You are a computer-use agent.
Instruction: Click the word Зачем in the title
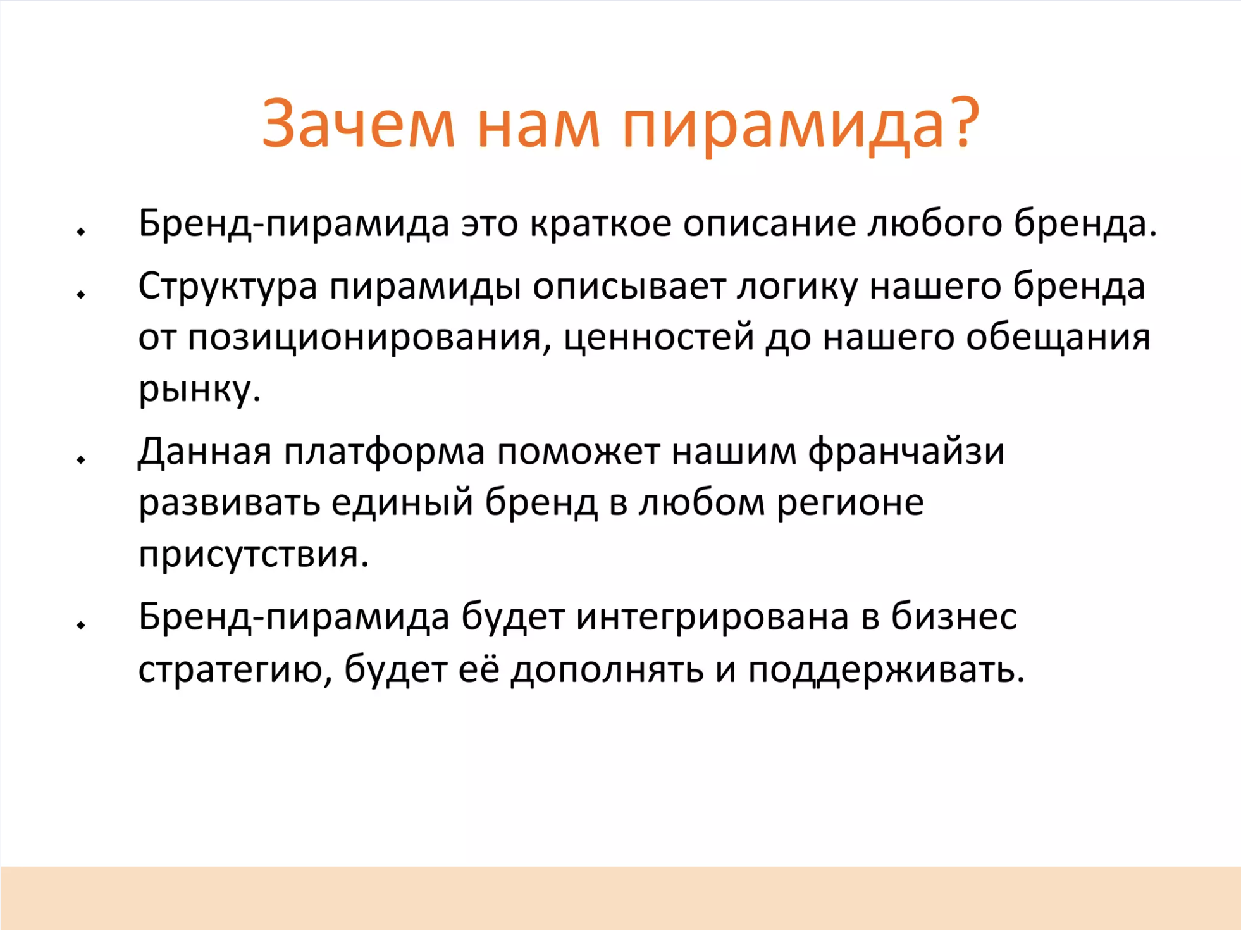tap(359, 124)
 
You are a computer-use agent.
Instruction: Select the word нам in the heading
tap(538, 129)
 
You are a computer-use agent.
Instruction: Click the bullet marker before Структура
tap(81, 294)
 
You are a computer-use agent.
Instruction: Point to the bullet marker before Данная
tap(81, 459)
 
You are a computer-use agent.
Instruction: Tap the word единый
tap(402, 504)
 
